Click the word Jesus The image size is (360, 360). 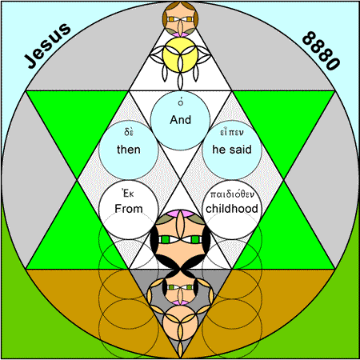[x=48, y=46]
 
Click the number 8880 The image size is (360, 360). [x=321, y=50]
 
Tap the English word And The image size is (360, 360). [x=181, y=120]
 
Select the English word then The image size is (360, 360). [x=129, y=150]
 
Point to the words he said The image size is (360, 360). [x=232, y=150]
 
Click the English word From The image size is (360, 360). [x=129, y=209]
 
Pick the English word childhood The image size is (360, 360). [x=232, y=209]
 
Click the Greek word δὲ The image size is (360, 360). [x=129, y=132]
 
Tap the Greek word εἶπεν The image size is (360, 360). [x=232, y=132]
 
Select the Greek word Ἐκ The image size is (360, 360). [x=128, y=193]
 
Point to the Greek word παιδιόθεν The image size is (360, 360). [x=232, y=194]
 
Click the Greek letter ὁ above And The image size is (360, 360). [x=181, y=102]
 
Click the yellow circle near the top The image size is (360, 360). [x=181, y=55]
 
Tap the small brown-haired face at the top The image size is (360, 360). [x=181, y=18]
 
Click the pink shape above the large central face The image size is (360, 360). [x=180, y=214]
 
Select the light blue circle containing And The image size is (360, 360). [x=181, y=120]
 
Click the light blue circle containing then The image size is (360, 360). [x=129, y=150]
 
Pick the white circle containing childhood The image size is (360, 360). [x=232, y=210]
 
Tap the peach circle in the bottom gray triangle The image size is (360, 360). [x=181, y=322]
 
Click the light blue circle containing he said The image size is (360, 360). [x=232, y=150]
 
